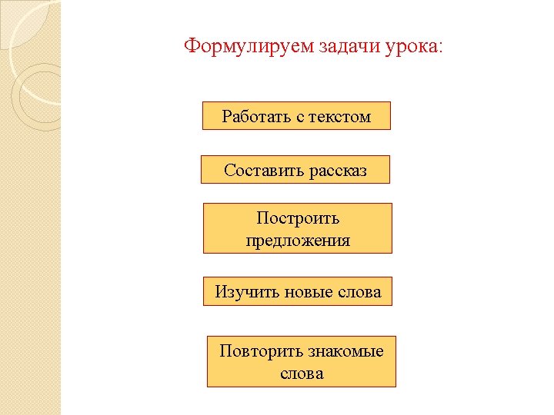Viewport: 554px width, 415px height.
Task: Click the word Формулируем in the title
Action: tap(249, 47)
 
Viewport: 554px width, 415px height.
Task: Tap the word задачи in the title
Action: tap(349, 46)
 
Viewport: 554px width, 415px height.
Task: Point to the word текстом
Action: tap(340, 117)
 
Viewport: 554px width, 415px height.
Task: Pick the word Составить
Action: tap(264, 171)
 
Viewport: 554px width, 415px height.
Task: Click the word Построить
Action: tap(298, 218)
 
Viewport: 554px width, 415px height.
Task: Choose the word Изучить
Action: tap(247, 292)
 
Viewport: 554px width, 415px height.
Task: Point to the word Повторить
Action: tap(261, 351)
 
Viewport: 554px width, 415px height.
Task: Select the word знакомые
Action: tap(345, 352)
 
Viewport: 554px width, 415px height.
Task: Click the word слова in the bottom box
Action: tap(302, 374)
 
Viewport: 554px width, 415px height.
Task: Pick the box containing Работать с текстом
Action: tap(296, 116)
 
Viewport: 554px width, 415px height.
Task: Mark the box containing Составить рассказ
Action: tap(295, 169)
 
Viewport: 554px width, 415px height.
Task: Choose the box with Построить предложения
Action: tap(298, 228)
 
